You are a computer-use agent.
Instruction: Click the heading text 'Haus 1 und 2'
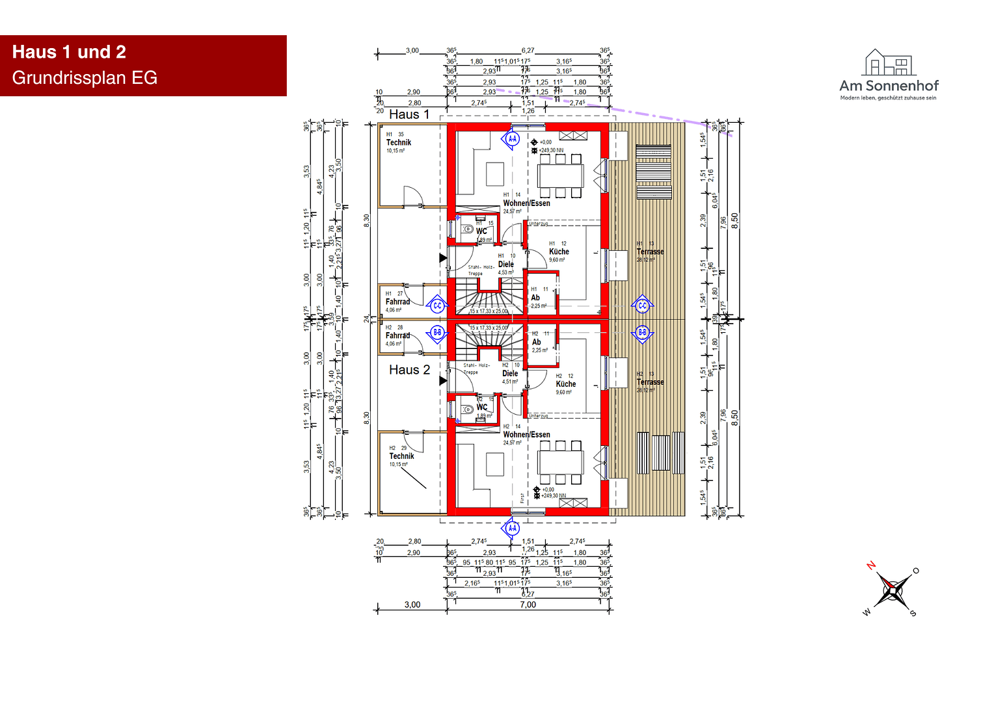(x=69, y=52)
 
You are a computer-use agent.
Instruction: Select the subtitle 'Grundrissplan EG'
(x=85, y=78)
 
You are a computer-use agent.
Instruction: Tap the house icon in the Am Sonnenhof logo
(x=889, y=62)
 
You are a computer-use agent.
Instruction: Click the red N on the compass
(x=871, y=565)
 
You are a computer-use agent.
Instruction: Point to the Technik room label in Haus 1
(x=399, y=142)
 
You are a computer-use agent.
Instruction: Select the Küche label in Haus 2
(x=565, y=384)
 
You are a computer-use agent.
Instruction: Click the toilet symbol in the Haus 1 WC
(x=467, y=229)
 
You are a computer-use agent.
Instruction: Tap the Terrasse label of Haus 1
(x=650, y=252)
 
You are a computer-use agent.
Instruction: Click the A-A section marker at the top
(x=513, y=138)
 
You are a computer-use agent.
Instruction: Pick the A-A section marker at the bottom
(x=513, y=528)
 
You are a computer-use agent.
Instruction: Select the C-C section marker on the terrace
(x=643, y=305)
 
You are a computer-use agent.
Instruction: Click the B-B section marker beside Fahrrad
(x=438, y=332)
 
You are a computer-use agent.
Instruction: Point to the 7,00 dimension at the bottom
(x=528, y=604)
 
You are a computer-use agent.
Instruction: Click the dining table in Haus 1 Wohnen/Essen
(x=560, y=175)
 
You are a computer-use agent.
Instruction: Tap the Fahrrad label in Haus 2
(x=397, y=335)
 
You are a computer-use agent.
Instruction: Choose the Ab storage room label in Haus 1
(x=535, y=298)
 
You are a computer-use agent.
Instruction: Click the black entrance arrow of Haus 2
(x=443, y=381)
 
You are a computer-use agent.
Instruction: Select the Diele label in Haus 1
(x=505, y=265)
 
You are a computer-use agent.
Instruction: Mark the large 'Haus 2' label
(x=409, y=370)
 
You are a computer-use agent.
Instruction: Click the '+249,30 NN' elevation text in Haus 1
(x=550, y=150)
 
